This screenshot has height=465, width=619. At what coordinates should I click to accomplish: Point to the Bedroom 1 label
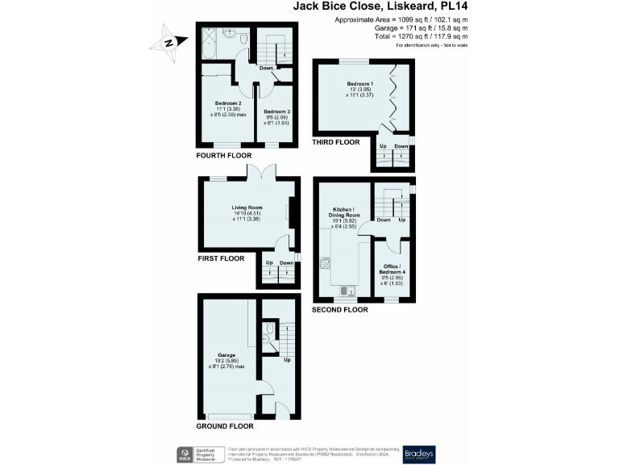click(360, 84)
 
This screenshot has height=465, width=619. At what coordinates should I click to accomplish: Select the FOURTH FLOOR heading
click(224, 155)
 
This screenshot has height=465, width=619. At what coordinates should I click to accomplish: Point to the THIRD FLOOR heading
click(335, 142)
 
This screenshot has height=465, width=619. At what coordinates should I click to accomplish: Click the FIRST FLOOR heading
click(221, 259)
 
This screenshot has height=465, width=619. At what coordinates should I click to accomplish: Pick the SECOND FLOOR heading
click(340, 310)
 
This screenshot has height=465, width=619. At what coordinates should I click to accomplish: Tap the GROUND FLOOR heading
click(225, 425)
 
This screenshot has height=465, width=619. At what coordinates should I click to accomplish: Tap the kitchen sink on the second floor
click(344, 291)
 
